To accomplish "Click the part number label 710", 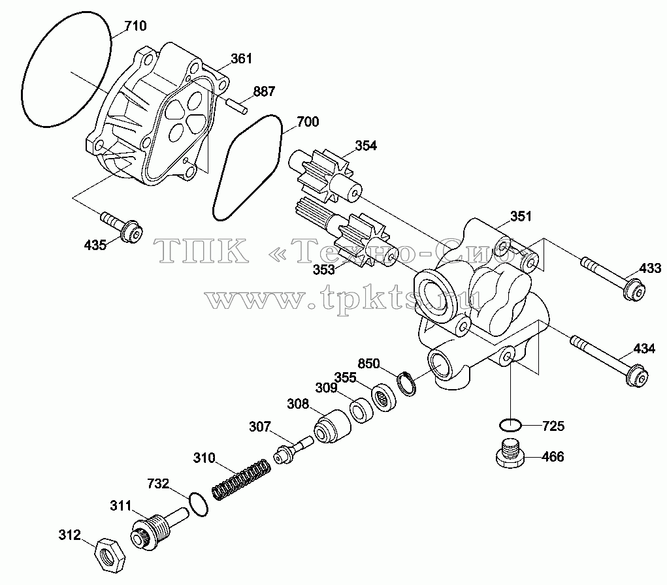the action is [x=136, y=26].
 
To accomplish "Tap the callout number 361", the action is [x=241, y=58].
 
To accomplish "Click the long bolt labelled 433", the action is [x=613, y=279].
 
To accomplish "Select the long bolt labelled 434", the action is [x=609, y=361].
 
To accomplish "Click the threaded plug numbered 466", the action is [x=510, y=453].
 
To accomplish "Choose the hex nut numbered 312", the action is [x=110, y=555].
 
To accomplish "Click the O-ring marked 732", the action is [x=198, y=504].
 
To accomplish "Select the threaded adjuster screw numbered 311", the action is [x=157, y=528].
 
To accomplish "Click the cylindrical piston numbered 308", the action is [x=333, y=426].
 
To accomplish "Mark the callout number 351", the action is [x=521, y=216].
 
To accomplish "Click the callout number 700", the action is [x=308, y=121].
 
